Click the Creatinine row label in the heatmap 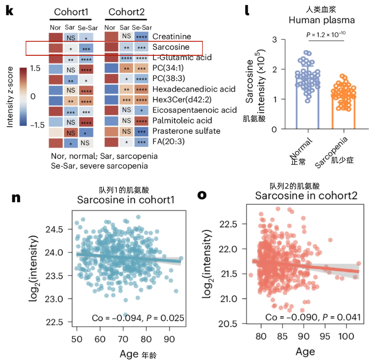click(172, 37)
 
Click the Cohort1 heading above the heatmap click(71, 12)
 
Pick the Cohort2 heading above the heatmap click(126, 12)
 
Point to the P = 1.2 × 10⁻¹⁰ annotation click(326, 35)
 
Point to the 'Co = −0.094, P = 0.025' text click(138, 318)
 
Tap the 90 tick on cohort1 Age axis click(169, 328)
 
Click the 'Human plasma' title click(316, 20)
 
